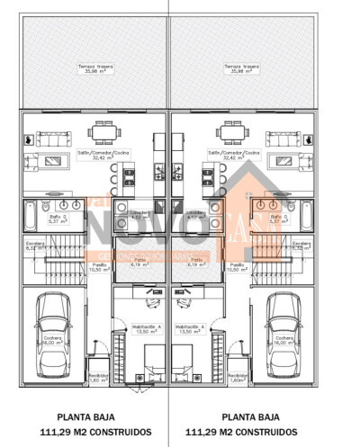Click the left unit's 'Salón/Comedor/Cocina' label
(103, 155)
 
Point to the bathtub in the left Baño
(31, 217)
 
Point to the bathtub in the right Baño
(305, 217)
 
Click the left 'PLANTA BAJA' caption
(85, 417)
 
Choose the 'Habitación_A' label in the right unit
(190, 328)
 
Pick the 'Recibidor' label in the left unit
(98, 377)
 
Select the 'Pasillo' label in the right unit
(236, 267)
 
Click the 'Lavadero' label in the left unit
(139, 214)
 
